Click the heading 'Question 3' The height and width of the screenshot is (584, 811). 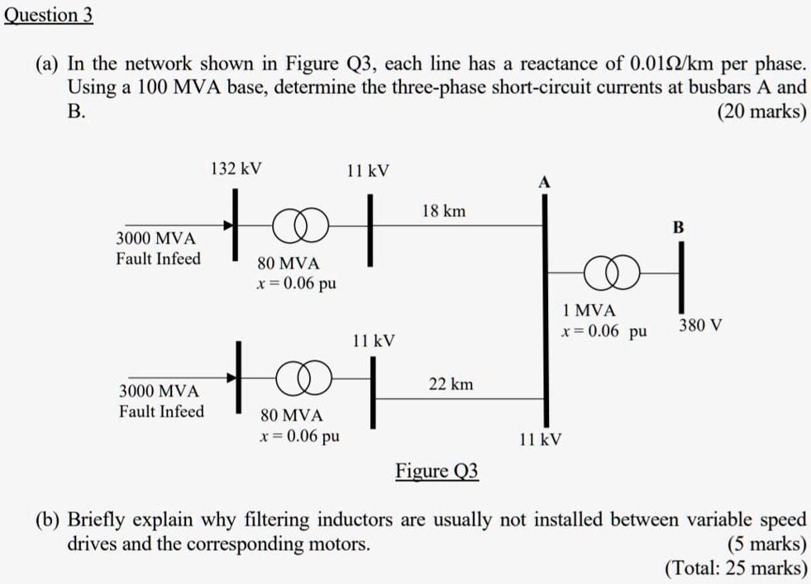tap(49, 16)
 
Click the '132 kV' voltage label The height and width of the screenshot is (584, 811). tap(236, 169)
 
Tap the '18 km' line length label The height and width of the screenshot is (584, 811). tap(443, 211)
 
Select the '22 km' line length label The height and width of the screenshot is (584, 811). tap(451, 384)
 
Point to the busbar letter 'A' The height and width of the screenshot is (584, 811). tap(543, 182)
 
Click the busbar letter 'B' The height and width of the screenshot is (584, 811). tap(679, 226)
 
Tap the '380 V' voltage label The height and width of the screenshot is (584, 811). tap(700, 325)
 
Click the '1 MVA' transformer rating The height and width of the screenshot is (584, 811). tap(588, 311)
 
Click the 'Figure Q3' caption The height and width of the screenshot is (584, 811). tap(437, 472)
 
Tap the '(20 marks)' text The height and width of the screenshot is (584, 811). tap(761, 112)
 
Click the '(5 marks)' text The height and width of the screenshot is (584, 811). tap(766, 544)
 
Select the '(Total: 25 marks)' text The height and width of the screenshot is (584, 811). tap(736, 568)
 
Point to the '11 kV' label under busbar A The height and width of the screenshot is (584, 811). tap(541, 439)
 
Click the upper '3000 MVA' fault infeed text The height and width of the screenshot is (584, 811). tap(156, 239)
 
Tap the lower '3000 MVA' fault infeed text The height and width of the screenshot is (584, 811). tap(160, 391)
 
